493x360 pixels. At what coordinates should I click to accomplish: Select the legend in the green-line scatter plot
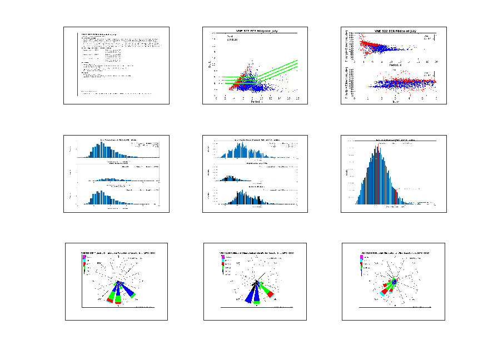click(x=232, y=38)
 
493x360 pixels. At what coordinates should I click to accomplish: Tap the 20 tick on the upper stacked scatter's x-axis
click(x=436, y=62)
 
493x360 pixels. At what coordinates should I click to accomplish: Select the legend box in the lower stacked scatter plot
click(x=429, y=73)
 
